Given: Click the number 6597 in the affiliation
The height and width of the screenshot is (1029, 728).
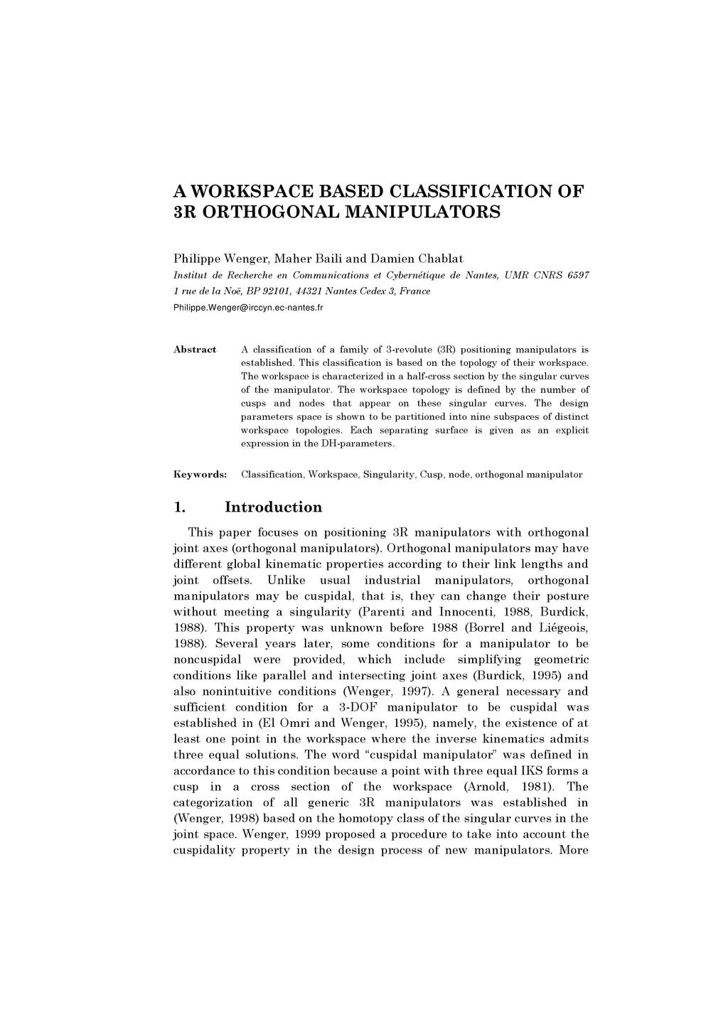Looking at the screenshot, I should (578, 275).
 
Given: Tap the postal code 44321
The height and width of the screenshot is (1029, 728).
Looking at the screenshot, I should (306, 291).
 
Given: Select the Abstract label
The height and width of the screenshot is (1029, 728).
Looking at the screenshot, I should (195, 350).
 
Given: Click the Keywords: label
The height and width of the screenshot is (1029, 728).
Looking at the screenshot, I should (200, 474).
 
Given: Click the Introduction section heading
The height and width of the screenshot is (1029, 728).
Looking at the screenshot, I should (273, 507).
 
